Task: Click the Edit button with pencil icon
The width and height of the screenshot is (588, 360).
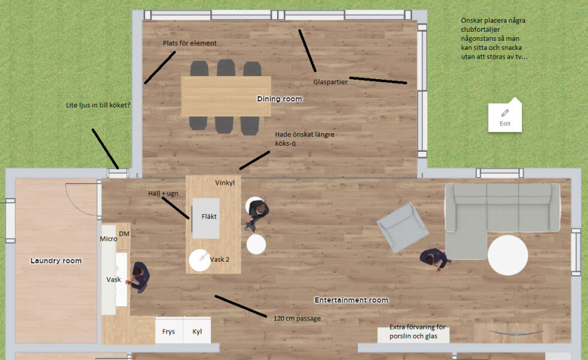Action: click(505, 118)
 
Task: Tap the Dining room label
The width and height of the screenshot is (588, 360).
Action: click(280, 99)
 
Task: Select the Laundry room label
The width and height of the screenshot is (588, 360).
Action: click(56, 260)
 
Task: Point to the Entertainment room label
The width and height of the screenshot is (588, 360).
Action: click(352, 300)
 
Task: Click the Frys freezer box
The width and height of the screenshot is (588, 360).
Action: click(169, 331)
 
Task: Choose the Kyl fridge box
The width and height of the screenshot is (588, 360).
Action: click(197, 331)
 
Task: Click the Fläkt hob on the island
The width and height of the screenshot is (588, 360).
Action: click(206, 218)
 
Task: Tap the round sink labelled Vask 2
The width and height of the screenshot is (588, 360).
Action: click(199, 260)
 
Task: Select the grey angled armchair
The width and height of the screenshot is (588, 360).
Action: click(403, 227)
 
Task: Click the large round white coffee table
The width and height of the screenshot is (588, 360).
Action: click(508, 256)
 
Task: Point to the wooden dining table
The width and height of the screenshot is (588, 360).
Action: click(226, 96)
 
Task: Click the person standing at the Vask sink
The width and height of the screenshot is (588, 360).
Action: click(139, 277)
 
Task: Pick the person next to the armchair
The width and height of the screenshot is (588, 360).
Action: click(434, 259)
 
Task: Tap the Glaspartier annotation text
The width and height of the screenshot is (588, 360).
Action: click(331, 82)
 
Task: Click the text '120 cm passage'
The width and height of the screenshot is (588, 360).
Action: click(297, 319)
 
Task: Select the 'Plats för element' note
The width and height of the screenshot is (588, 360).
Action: click(190, 43)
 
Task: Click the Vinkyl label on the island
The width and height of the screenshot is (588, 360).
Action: click(225, 182)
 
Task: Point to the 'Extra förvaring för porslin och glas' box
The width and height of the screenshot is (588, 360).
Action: click(413, 332)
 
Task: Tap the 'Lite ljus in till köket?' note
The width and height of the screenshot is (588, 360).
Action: click(98, 106)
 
